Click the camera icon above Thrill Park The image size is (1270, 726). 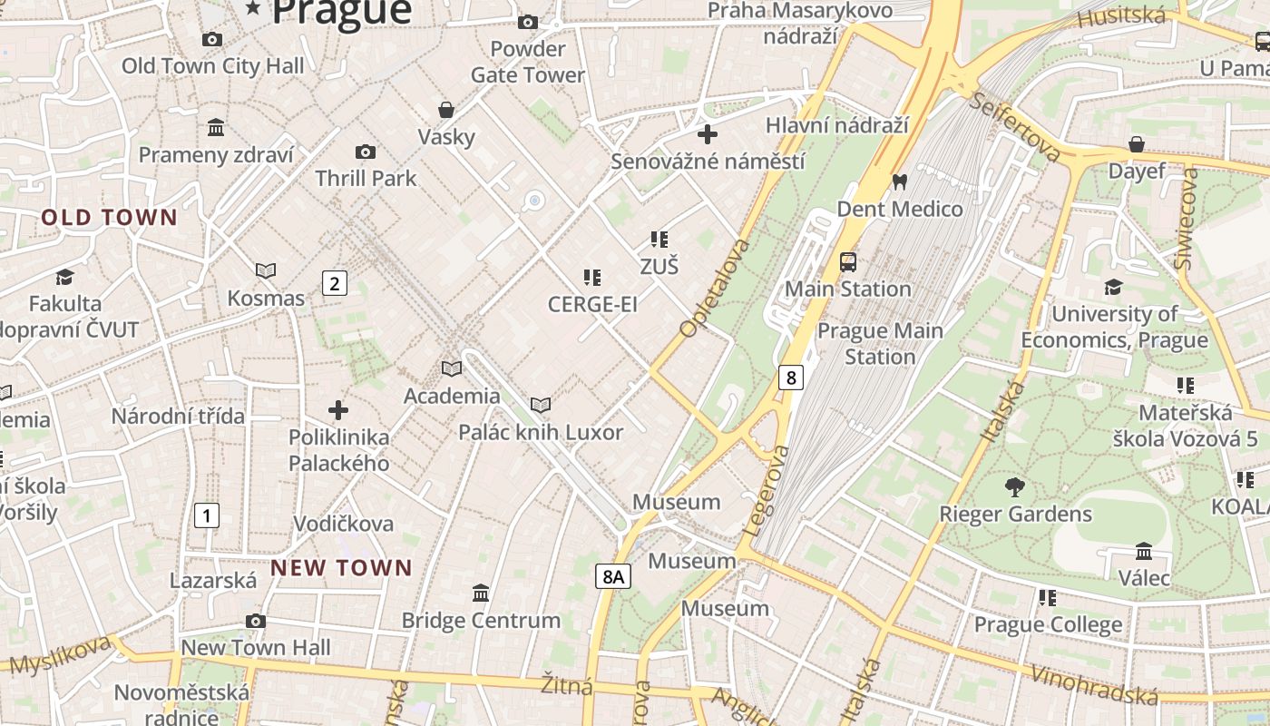coord(366,152)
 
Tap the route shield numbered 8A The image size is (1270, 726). coord(613,575)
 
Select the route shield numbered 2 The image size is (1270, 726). coord(335,283)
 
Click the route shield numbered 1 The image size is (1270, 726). coord(207,516)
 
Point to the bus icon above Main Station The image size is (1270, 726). coord(847,262)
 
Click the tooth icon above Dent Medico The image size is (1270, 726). coord(900,181)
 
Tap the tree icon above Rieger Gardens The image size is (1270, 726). coord(1015,487)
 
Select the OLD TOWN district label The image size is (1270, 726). coord(109,217)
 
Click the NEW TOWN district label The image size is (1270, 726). coord(341,568)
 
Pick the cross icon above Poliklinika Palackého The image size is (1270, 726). coord(338,410)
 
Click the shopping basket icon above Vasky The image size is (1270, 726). coord(446,110)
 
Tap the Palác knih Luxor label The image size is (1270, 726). coord(541,432)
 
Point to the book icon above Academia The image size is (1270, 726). coord(451,368)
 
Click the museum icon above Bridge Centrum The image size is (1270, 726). coord(481,593)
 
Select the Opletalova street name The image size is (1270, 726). coord(715,289)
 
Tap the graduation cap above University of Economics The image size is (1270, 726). coord(1113,288)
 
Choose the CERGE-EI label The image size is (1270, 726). coord(592,305)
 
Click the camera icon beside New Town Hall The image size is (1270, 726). coord(256,621)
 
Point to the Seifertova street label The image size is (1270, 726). coord(1014,126)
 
